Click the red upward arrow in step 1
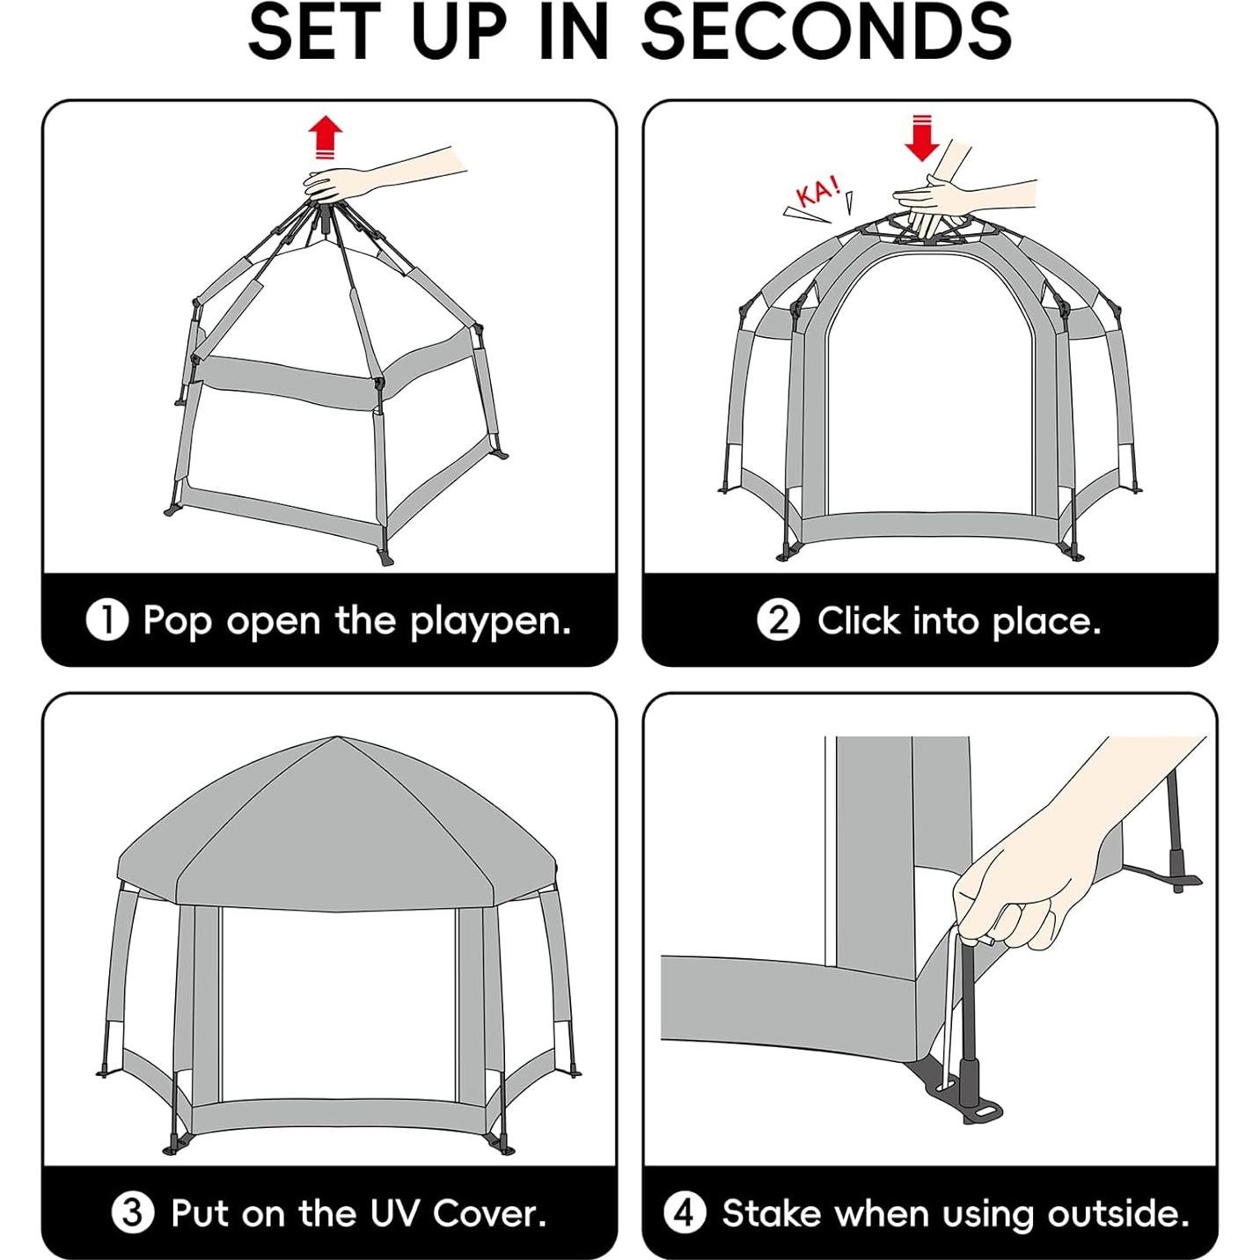[x=325, y=137]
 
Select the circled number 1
[x=107, y=619]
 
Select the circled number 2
[x=778, y=619]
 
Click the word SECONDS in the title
[x=826, y=32]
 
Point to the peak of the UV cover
[x=337, y=737]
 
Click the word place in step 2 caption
[x=1046, y=622]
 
